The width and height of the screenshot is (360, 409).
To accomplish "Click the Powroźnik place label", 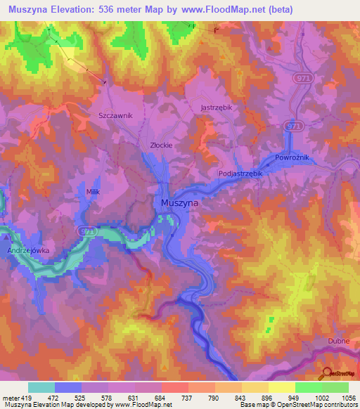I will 292,158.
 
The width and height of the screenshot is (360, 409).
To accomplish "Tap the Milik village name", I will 93,191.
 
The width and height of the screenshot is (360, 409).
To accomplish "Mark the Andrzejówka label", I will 27,250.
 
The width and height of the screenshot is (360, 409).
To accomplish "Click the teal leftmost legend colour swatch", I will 41,387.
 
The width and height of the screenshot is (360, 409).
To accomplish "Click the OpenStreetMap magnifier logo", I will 326,375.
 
